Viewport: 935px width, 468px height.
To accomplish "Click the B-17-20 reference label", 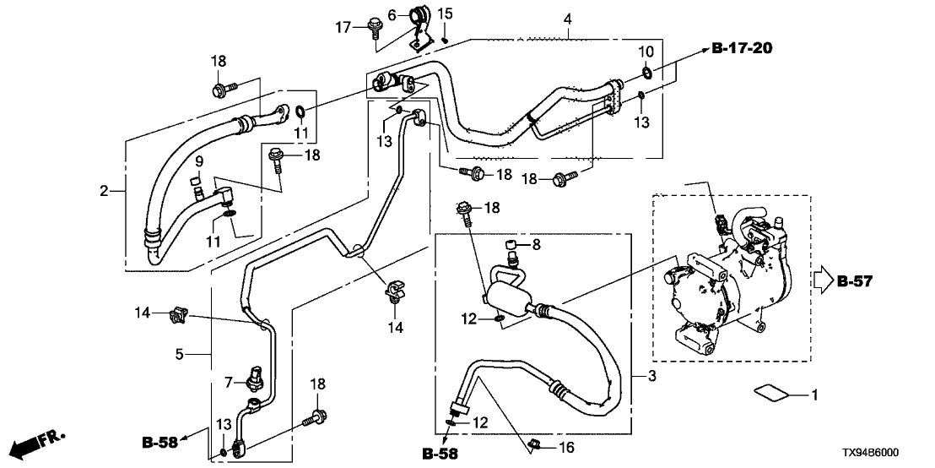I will pyautogui.click(x=742, y=50).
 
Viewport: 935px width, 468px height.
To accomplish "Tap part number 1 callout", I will pyautogui.click(x=814, y=395).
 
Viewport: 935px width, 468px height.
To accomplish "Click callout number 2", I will pyautogui.click(x=104, y=192).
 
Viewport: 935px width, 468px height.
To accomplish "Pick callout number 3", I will pyautogui.click(x=651, y=375).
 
